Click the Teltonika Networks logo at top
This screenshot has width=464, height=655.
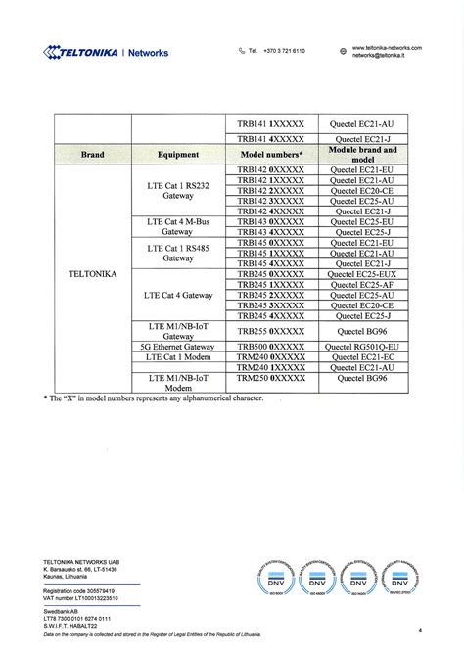106,52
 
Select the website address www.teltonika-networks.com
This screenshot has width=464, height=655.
387,47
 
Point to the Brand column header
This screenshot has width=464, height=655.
93,155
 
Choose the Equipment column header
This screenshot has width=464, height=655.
177,155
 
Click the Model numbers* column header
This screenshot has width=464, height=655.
271,155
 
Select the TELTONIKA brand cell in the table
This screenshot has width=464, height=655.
93,274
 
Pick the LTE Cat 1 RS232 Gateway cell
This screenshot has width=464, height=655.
177,190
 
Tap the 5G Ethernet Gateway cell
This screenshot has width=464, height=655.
177,347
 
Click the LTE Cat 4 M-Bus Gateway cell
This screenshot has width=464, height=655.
177,227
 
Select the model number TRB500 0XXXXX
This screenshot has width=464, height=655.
271,347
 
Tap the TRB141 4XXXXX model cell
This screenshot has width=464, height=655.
271,140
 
